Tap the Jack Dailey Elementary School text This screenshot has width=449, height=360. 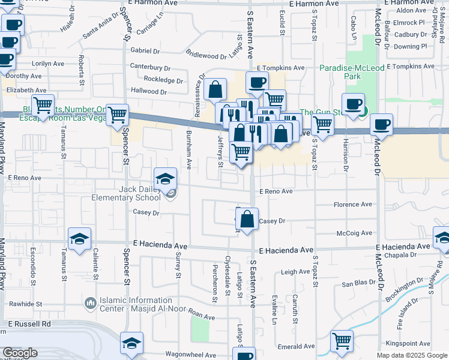point(139,193)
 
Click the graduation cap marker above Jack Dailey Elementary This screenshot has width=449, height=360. point(165,179)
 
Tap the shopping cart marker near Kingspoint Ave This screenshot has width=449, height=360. point(342,341)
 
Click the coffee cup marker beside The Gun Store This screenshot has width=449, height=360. point(354,104)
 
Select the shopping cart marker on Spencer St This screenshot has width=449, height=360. point(117,115)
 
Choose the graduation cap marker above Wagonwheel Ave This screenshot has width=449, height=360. point(131,343)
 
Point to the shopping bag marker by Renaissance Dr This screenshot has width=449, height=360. point(215,90)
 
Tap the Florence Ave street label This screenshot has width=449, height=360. point(353,205)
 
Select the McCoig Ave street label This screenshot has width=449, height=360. point(354,233)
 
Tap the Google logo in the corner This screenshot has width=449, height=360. point(20,353)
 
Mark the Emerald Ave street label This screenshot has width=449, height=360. point(297,346)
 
